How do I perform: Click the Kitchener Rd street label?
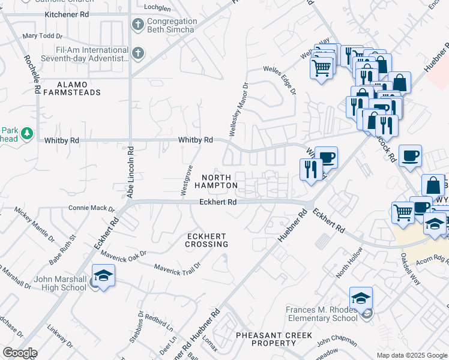click(67, 13)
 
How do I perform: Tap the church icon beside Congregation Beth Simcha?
click(137, 25)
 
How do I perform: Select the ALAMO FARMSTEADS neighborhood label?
click(79, 88)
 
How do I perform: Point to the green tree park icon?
click(26, 134)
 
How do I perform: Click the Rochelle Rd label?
click(31, 74)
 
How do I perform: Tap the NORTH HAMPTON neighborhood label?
click(215, 181)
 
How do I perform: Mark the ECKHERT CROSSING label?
click(206, 239)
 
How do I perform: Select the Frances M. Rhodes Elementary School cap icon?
click(361, 298)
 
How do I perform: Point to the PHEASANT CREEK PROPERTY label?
click(267, 338)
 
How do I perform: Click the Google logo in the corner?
click(20, 352)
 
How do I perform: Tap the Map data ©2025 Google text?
click(411, 355)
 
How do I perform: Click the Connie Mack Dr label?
click(92, 208)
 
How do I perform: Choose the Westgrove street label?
click(187, 180)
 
